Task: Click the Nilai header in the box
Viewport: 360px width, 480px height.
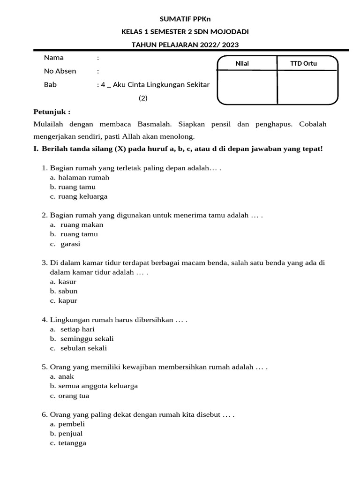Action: click(246, 64)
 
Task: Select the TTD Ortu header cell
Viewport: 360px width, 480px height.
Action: click(304, 64)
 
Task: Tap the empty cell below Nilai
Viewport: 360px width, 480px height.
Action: click(247, 87)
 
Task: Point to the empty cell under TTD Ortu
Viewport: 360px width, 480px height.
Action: click(307, 87)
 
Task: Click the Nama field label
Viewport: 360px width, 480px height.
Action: click(54, 58)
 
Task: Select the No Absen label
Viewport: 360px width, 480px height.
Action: click(60, 71)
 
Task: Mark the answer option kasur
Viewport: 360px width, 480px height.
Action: click(67, 282)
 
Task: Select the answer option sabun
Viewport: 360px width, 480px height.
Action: click(68, 291)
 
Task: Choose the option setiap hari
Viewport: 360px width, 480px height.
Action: click(77, 329)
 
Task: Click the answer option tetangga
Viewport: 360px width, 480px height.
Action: click(72, 443)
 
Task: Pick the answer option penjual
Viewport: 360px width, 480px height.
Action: click(71, 434)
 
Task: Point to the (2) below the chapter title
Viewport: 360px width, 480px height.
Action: click(143, 98)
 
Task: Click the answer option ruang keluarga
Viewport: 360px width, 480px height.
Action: click(83, 196)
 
